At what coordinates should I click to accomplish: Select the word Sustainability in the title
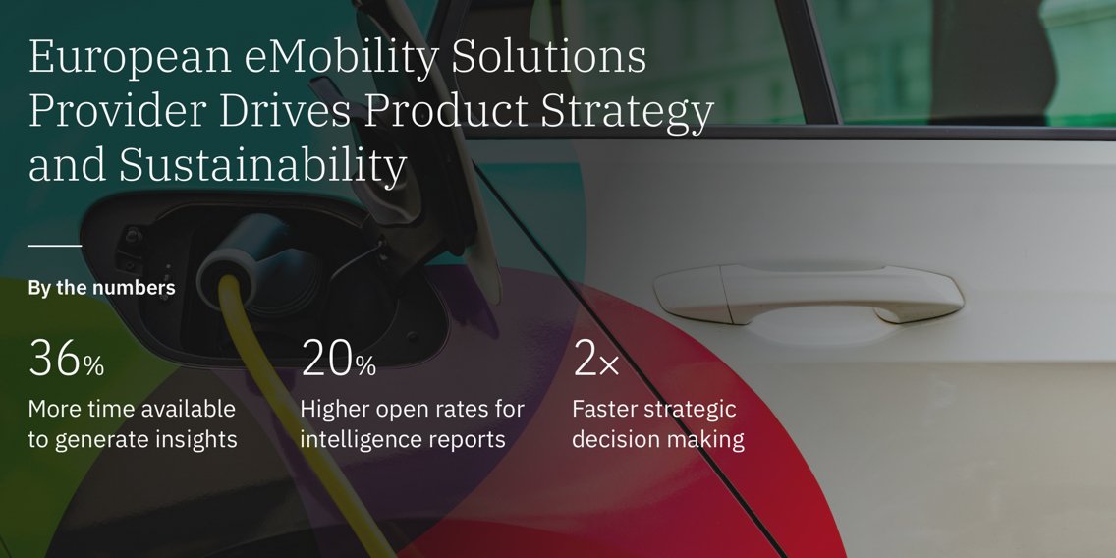(262, 166)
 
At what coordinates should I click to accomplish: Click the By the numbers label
(101, 288)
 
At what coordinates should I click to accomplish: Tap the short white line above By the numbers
(54, 245)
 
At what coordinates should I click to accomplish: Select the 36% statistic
(66, 360)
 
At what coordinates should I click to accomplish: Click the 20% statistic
(338, 360)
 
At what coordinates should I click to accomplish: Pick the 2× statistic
(595, 360)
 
